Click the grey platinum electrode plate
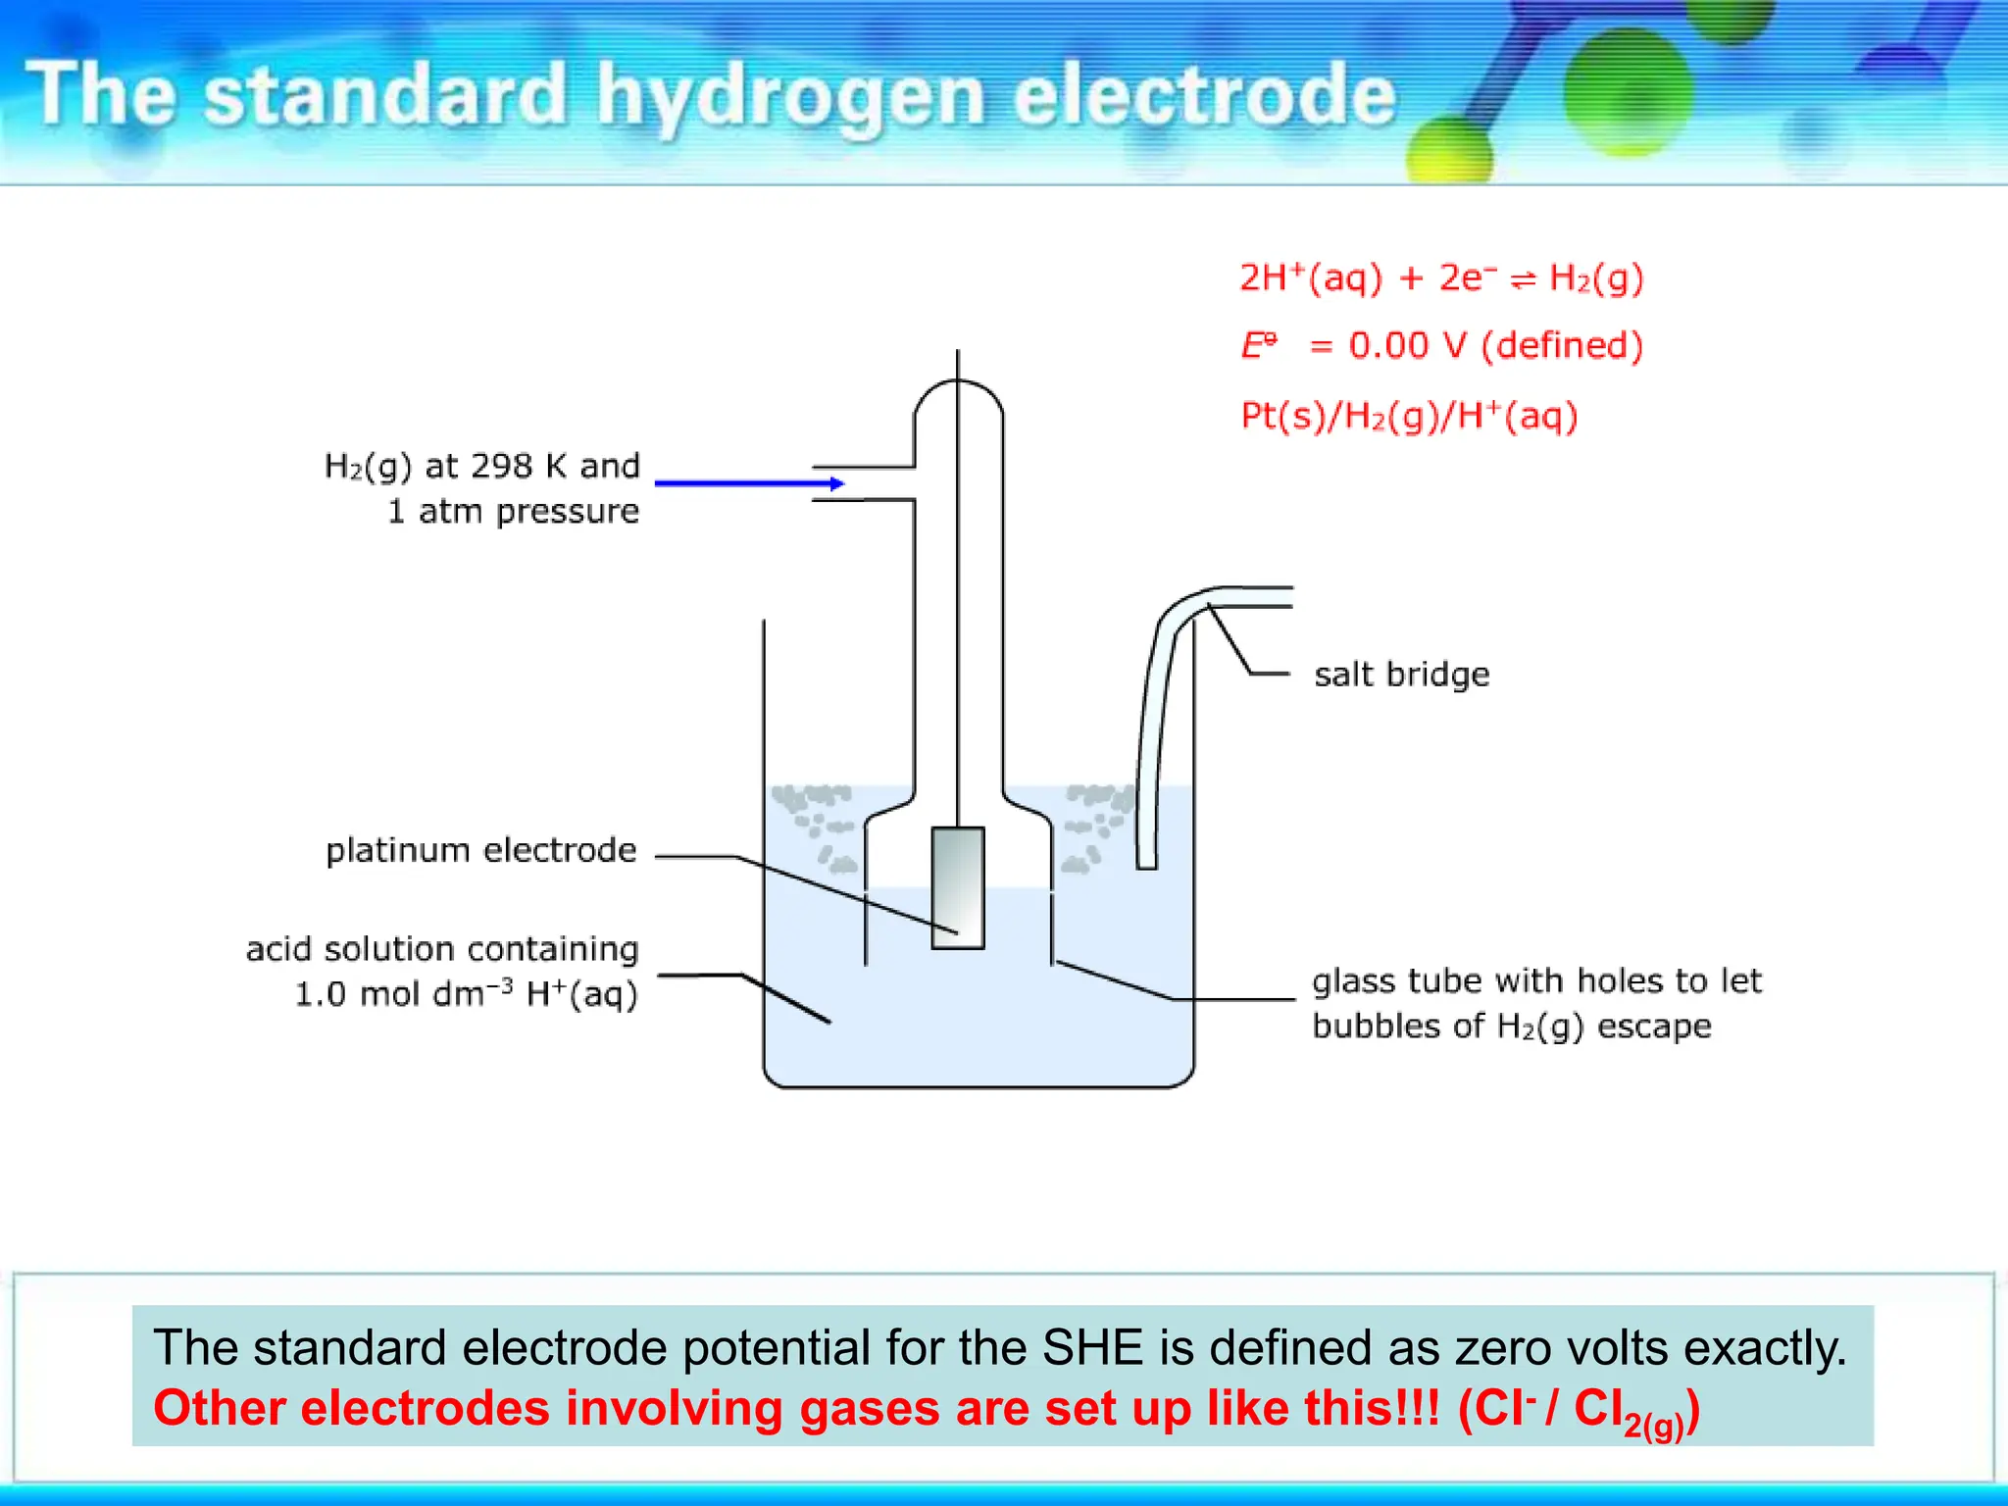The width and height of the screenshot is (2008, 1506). point(958,887)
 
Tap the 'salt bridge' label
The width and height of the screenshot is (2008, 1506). point(1401,675)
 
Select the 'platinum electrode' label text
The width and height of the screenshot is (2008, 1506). point(480,850)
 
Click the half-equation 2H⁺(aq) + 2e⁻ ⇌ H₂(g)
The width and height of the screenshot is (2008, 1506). point(1440,278)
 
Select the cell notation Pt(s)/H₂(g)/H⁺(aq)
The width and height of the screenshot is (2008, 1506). point(1409,416)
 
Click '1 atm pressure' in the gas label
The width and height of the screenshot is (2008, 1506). point(513,511)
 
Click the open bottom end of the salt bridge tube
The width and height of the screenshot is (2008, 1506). point(1146,863)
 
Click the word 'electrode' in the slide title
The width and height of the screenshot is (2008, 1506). point(1204,96)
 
